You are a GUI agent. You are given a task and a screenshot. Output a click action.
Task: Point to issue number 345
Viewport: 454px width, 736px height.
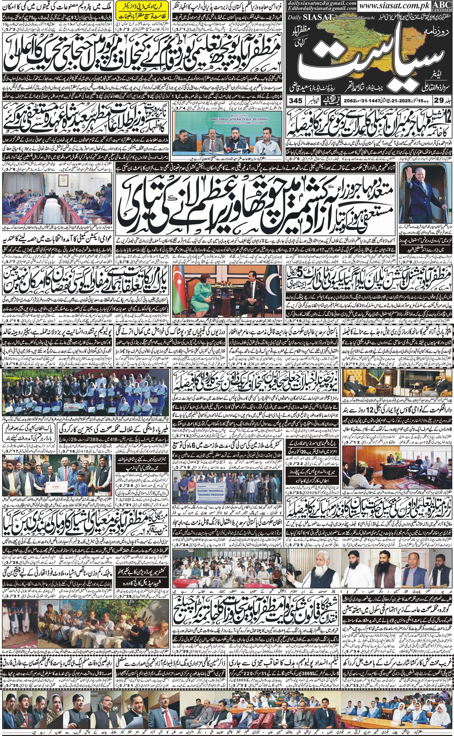(296, 100)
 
